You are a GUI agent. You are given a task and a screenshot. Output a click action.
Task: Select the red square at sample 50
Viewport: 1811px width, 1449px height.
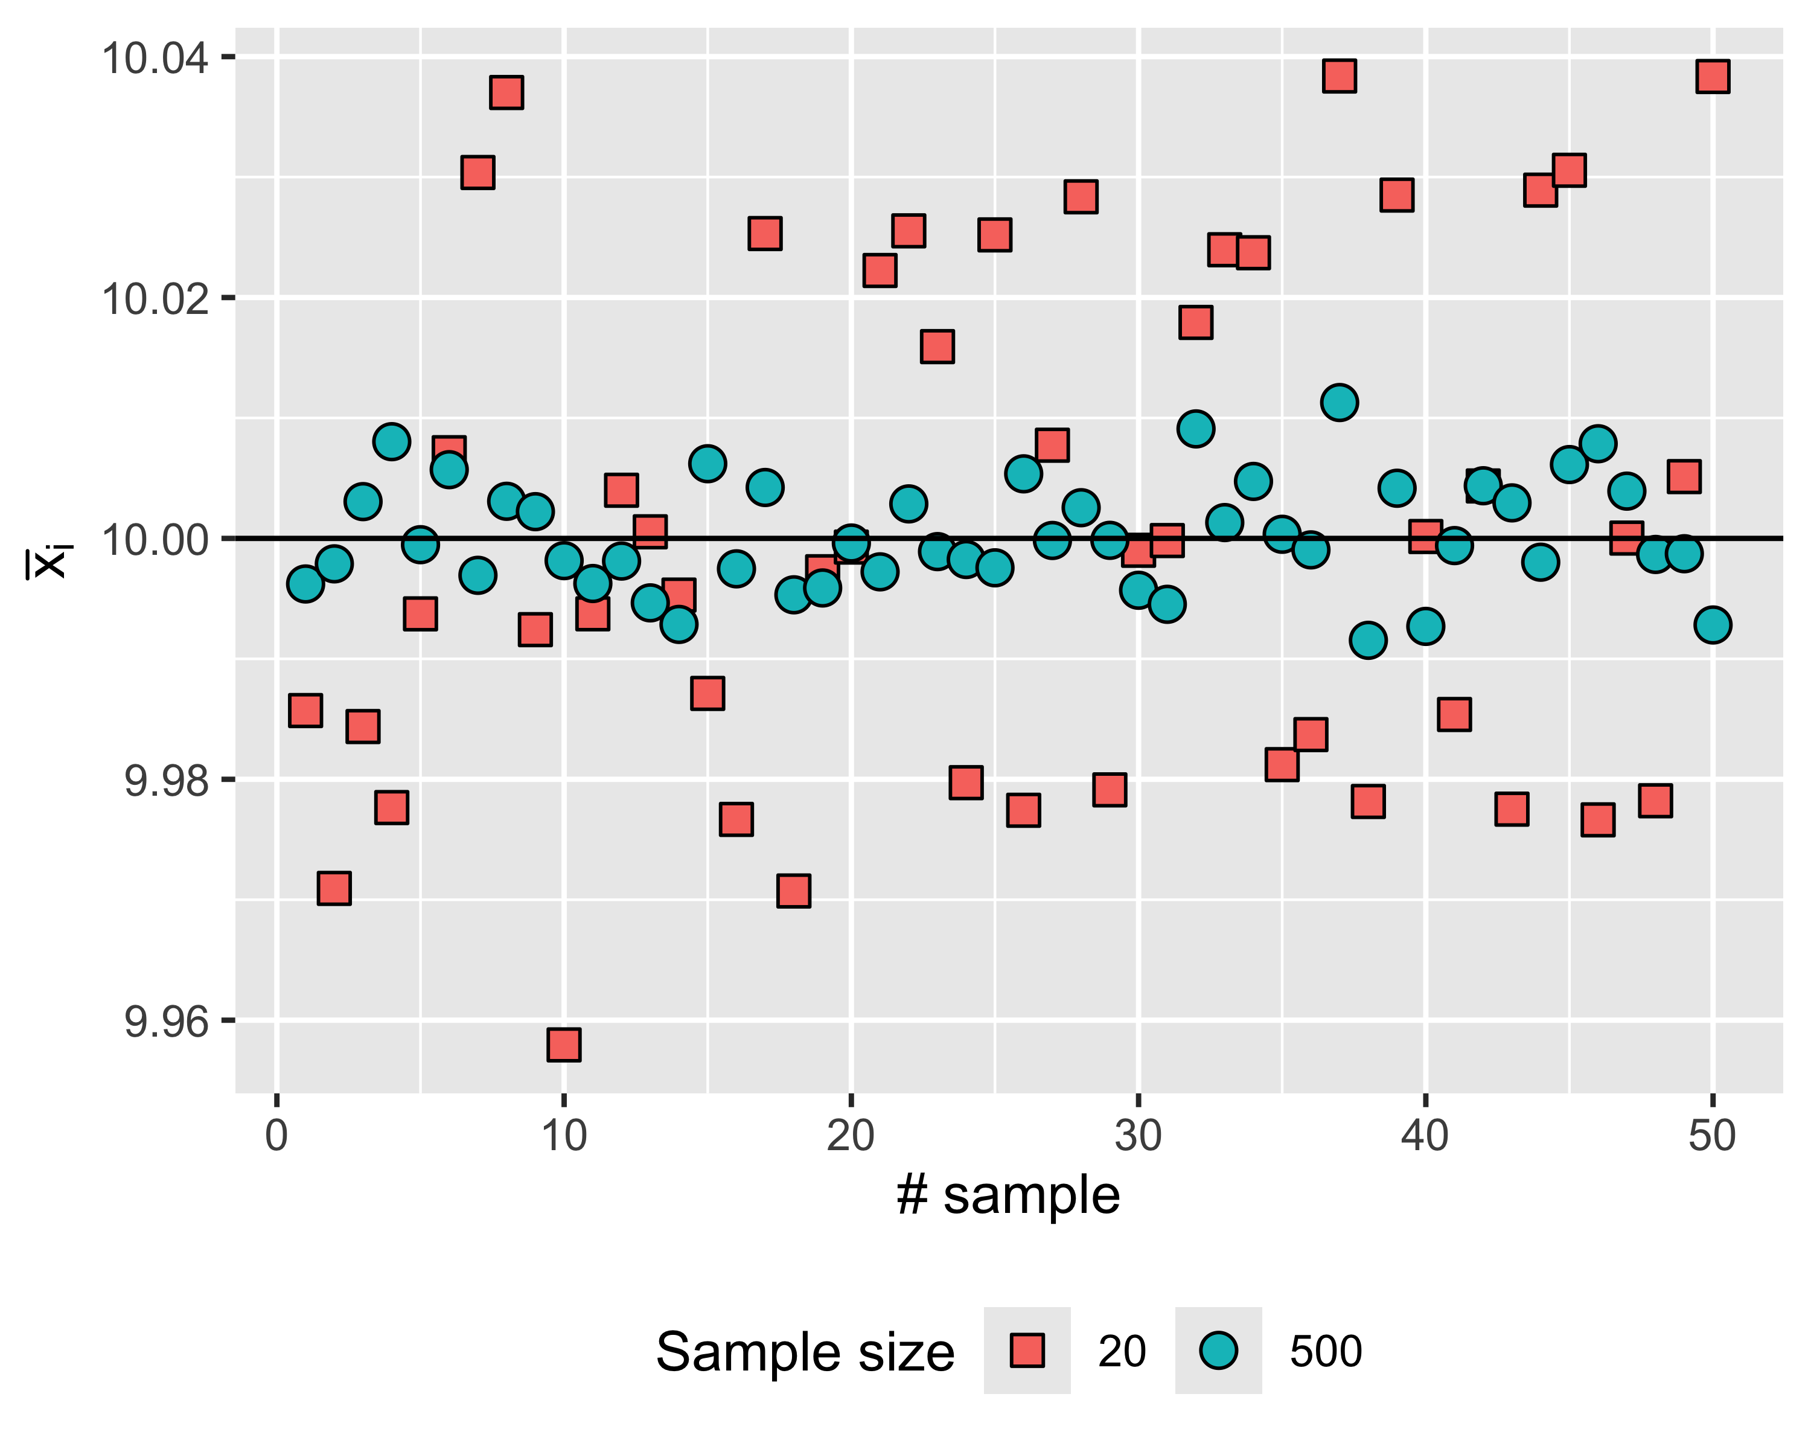tap(1713, 77)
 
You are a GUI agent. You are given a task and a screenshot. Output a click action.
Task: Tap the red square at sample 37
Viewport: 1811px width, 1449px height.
tap(1339, 75)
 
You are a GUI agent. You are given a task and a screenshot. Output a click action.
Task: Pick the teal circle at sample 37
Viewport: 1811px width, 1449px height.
tap(1339, 402)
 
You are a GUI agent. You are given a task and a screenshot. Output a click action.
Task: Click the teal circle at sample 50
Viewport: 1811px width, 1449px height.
tap(1713, 625)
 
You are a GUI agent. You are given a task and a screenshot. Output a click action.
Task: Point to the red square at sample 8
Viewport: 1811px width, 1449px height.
tap(506, 92)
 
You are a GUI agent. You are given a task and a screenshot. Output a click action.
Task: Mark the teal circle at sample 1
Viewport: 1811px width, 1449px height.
tap(305, 584)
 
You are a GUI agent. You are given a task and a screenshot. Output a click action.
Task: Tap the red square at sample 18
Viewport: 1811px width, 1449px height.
tap(794, 891)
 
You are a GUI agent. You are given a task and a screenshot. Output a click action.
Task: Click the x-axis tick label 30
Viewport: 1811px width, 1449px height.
tap(1138, 1136)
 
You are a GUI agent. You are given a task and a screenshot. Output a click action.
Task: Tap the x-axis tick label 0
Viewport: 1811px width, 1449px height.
tap(276, 1136)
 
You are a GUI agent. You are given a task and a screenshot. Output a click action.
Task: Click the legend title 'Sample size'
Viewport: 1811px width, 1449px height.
tap(805, 1352)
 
